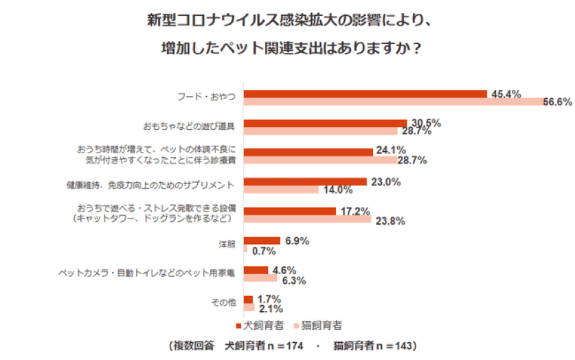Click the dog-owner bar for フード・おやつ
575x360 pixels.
365,94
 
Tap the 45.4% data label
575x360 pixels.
506,93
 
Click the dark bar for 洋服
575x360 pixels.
262,240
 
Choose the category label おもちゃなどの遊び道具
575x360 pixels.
190,127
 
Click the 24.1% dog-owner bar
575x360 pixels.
308,152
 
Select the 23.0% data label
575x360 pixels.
385,182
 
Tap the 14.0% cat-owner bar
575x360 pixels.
281,190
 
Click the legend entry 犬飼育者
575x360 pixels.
265,324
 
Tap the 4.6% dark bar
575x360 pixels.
256,270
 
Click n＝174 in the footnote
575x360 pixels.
284,345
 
